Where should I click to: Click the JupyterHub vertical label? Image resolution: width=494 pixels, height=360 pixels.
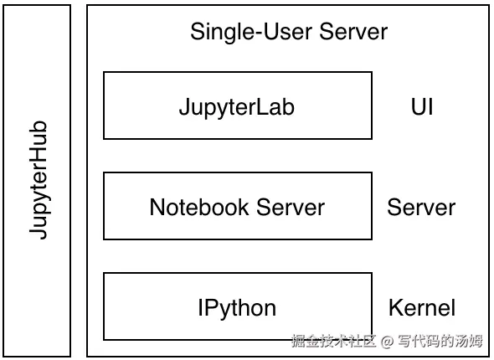coord(38,180)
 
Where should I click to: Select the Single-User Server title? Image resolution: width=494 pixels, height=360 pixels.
coord(289,33)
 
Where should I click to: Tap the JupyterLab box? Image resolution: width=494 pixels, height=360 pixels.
coord(237,105)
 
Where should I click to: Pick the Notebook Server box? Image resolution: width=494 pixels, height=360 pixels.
coord(237,206)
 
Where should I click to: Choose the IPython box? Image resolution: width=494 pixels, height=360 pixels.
coord(237,306)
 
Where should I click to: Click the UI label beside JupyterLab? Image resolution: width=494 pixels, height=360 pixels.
coord(422,106)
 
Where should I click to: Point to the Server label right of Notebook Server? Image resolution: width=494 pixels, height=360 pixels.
coord(421,207)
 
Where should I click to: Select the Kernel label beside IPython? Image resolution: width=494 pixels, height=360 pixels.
coord(422,307)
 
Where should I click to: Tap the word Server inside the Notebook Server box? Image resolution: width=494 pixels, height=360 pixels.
coord(291,207)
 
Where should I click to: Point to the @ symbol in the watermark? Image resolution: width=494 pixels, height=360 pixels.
coord(387,341)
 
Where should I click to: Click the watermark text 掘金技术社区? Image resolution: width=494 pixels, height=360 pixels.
coord(333,341)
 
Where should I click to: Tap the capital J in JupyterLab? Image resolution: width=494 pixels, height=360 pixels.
coord(184,106)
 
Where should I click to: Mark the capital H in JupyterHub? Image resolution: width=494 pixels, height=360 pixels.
coord(38,157)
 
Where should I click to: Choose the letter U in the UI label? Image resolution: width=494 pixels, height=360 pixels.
coord(416,106)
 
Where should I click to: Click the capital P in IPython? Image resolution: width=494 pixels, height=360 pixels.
coord(208,307)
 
